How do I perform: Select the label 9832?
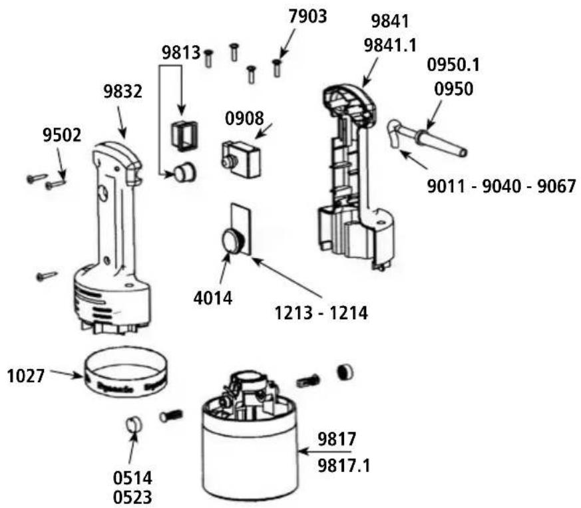tap(122, 92)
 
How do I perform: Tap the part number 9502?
tap(62, 136)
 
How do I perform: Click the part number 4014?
tap(212, 298)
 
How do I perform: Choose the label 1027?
tap(26, 376)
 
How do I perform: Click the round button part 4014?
tap(234, 241)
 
